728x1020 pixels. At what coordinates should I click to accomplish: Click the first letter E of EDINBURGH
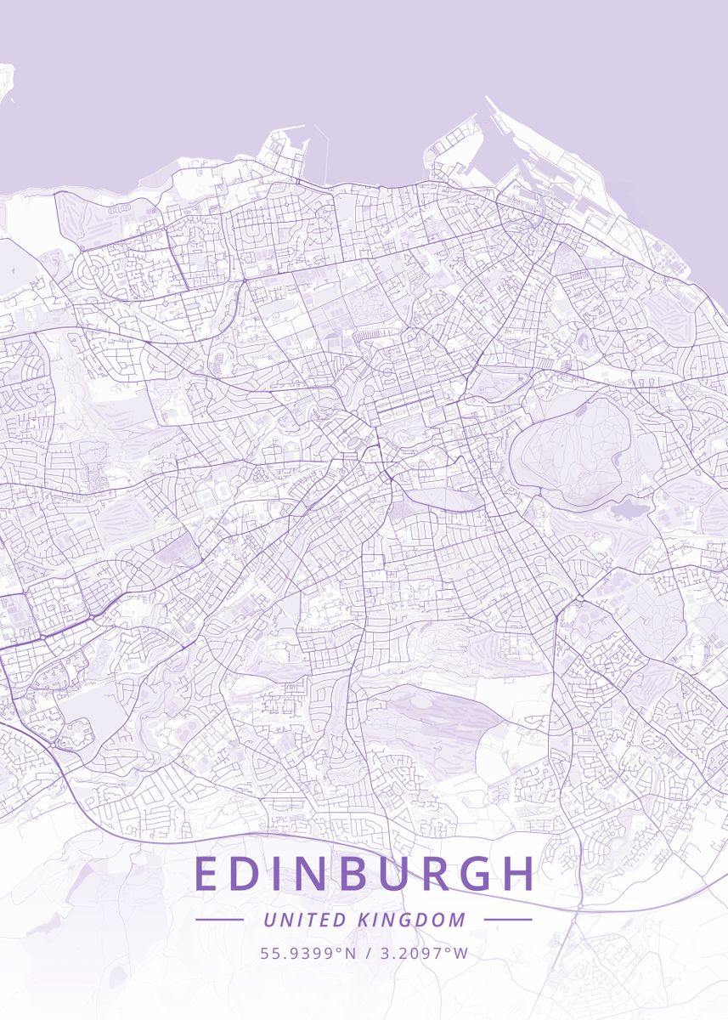tap(206, 874)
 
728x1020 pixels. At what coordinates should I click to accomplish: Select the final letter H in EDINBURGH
tap(517, 874)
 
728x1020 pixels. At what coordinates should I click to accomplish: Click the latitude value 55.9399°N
tap(308, 953)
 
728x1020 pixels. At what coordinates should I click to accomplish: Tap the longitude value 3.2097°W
tap(421, 953)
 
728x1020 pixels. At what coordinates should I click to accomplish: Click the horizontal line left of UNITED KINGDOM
tap(219, 920)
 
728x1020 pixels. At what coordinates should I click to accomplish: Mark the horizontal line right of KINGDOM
tap(507, 920)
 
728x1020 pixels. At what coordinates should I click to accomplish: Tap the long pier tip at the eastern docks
tap(488, 100)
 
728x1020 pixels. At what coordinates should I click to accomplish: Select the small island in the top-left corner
tap(5, 85)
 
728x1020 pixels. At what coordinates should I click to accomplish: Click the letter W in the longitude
tap(460, 953)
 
